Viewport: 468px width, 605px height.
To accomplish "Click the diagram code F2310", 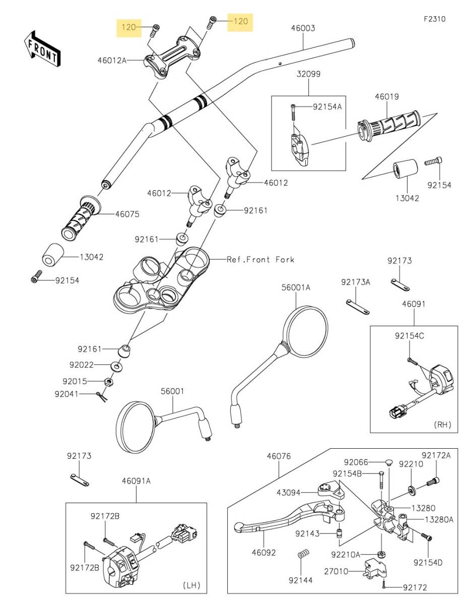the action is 434,19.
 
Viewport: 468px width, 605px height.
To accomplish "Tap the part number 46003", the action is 303,28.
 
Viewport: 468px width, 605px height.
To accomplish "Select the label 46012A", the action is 112,60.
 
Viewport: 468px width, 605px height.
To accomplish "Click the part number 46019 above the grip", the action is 387,97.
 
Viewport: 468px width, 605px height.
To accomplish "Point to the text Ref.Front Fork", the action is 260,260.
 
